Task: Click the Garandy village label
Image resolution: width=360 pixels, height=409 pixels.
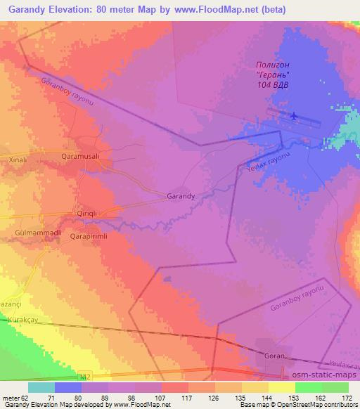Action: tap(181, 197)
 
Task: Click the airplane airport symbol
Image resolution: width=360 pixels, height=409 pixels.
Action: tap(293, 116)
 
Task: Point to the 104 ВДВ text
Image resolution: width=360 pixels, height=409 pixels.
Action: tap(273, 86)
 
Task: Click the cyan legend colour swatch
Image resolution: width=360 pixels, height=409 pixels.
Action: tap(41, 387)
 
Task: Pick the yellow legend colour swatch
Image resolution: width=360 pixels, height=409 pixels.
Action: tap(282, 387)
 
